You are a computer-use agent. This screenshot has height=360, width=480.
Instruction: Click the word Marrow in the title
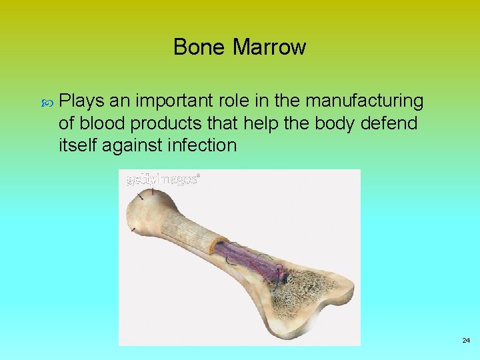pyautogui.click(x=269, y=47)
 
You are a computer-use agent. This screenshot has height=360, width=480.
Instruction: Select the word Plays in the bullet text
pyautogui.click(x=79, y=101)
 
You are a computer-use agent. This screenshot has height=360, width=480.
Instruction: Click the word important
pyautogui.click(x=175, y=101)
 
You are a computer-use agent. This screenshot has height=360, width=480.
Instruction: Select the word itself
pyautogui.click(x=77, y=145)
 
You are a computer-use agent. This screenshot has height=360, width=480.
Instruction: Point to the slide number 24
pyautogui.click(x=466, y=340)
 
